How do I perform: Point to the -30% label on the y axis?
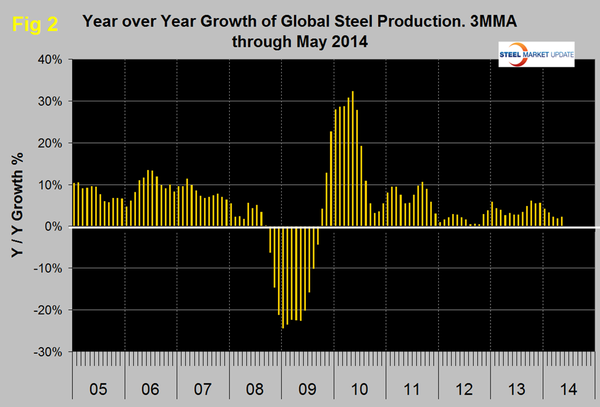point(49,352)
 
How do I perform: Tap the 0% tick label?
point(54,227)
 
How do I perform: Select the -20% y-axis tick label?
point(49,310)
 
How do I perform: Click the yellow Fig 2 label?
point(36,25)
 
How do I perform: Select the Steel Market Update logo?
point(536,54)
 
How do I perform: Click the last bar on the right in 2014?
point(562,221)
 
